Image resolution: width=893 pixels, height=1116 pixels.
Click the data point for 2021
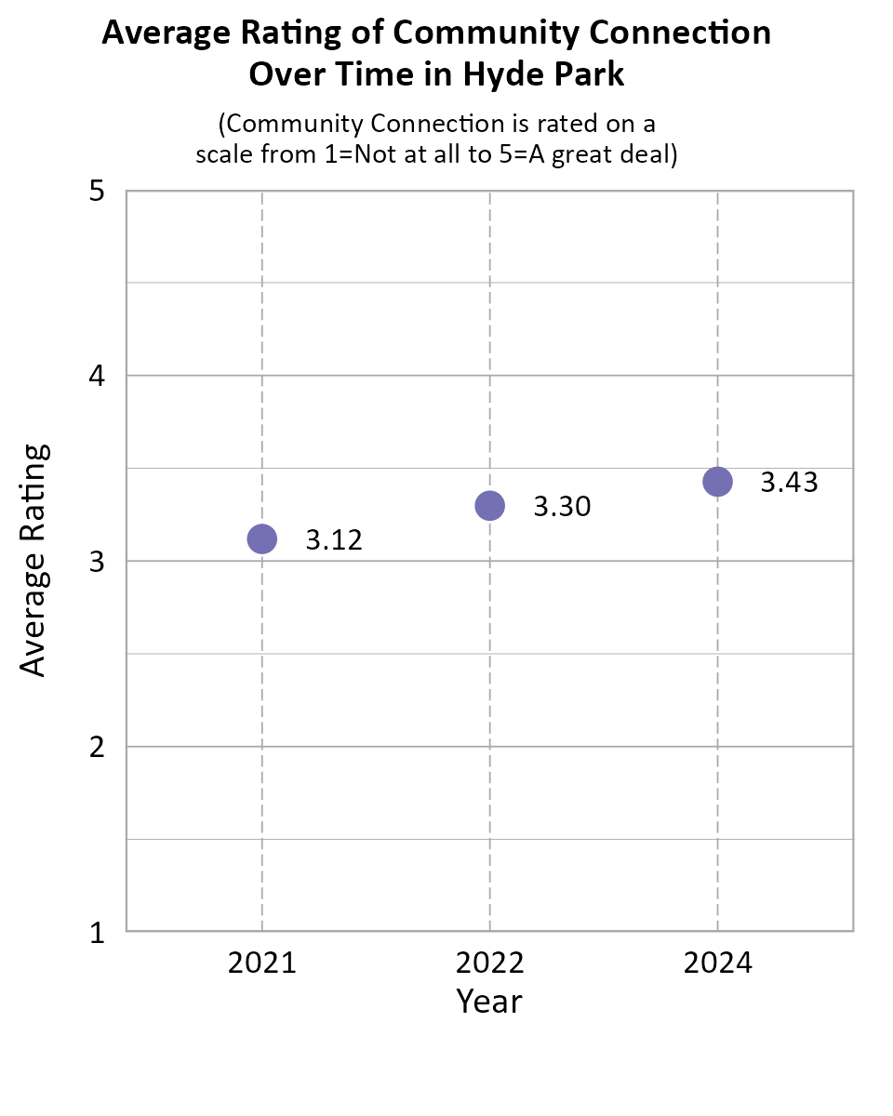pos(262,538)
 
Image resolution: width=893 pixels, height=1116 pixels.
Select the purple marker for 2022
pos(489,506)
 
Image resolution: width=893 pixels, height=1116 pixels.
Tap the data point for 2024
pos(717,481)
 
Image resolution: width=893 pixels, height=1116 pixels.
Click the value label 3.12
pos(334,540)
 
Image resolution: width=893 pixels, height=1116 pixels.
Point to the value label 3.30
pos(562,508)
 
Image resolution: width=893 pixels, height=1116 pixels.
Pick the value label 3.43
pos(789,483)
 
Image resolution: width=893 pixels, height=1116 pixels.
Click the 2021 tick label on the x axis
pos(262,963)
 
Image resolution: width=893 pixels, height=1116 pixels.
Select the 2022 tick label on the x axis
pos(489,963)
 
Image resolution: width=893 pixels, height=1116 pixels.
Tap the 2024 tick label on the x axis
pos(717,963)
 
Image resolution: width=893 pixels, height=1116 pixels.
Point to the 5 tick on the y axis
pos(96,192)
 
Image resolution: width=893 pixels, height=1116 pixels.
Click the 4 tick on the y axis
pos(96,377)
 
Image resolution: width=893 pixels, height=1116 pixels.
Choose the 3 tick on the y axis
pos(96,562)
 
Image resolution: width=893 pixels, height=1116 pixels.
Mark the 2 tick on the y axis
pos(96,747)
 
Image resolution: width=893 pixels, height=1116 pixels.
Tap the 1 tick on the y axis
pos(96,932)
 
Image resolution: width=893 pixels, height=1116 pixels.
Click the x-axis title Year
pos(489,1002)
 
